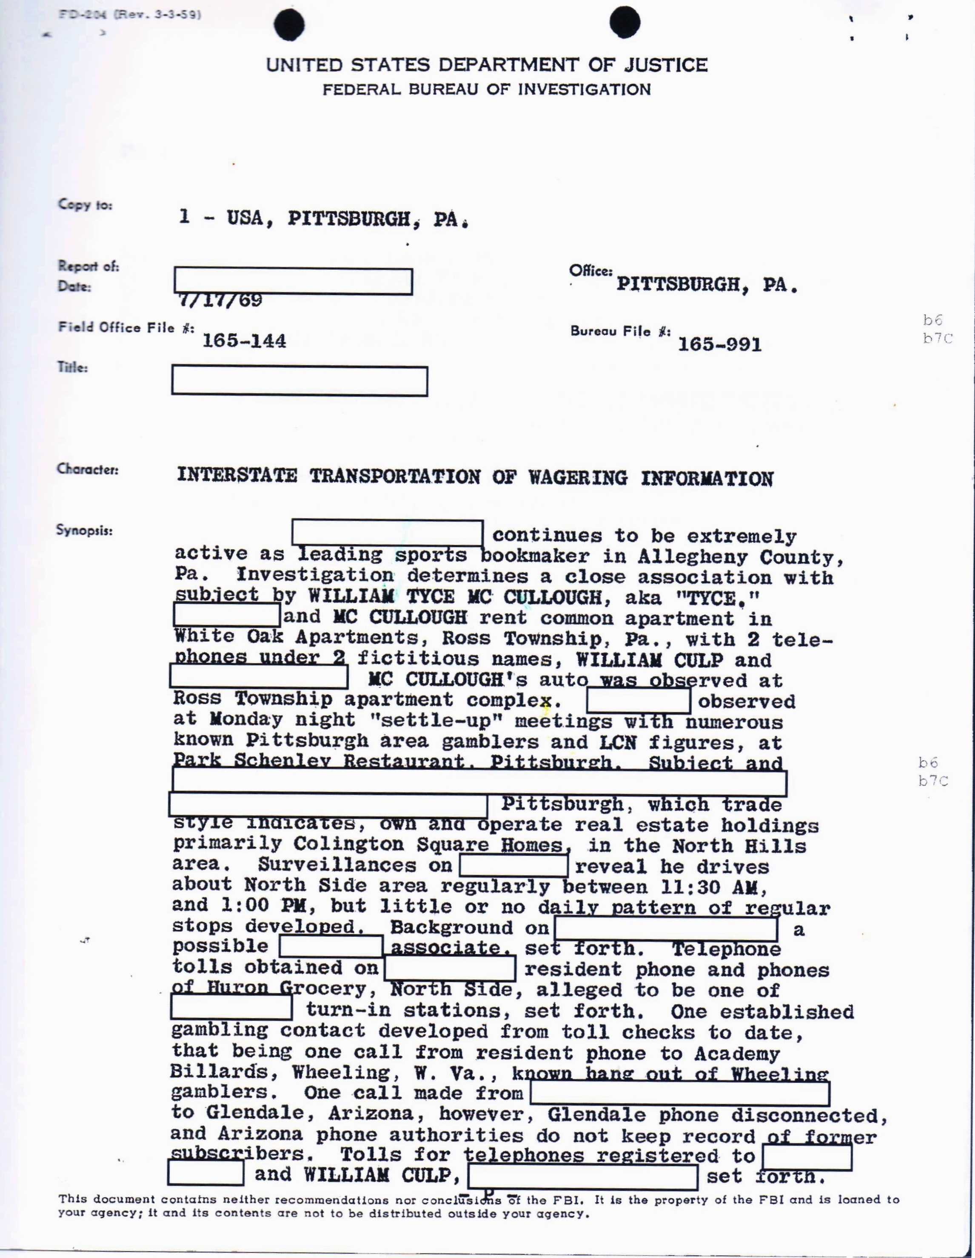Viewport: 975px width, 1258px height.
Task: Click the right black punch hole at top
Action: tap(624, 23)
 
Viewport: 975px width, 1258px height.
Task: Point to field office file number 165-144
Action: tap(244, 341)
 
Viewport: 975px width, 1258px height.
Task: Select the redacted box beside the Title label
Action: tap(299, 381)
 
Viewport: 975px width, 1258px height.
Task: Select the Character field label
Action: tap(88, 469)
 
